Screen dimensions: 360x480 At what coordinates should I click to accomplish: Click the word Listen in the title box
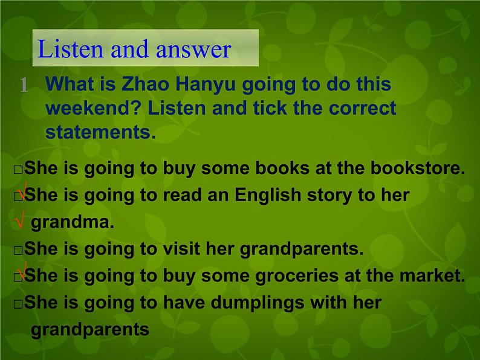[65, 50]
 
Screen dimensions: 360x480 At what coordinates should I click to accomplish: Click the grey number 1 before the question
[24, 85]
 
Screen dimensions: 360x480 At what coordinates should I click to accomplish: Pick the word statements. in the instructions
[100, 132]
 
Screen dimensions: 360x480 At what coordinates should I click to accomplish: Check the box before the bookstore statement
[18, 170]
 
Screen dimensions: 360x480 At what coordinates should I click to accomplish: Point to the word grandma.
[73, 222]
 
